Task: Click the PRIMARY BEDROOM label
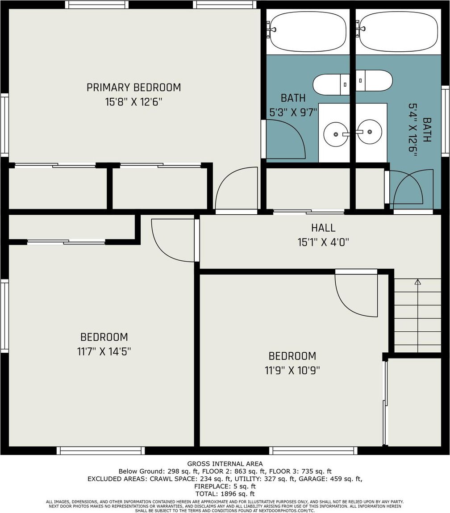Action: tap(133, 88)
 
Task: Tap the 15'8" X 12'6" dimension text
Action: tap(133, 102)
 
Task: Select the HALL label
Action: tap(323, 228)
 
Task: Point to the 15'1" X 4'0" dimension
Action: tap(323, 242)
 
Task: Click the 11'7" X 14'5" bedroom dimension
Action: tap(104, 352)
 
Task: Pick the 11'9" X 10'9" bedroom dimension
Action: tap(292, 371)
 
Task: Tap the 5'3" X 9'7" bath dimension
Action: tap(293, 113)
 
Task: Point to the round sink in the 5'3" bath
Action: tap(336, 134)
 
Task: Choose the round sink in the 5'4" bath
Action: tap(370, 132)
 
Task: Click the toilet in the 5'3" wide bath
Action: tap(331, 84)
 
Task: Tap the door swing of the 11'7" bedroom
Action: tap(173, 241)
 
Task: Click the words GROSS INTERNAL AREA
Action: tap(225, 463)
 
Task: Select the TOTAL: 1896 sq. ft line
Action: tap(225, 494)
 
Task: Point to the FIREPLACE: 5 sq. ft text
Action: tap(225, 486)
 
